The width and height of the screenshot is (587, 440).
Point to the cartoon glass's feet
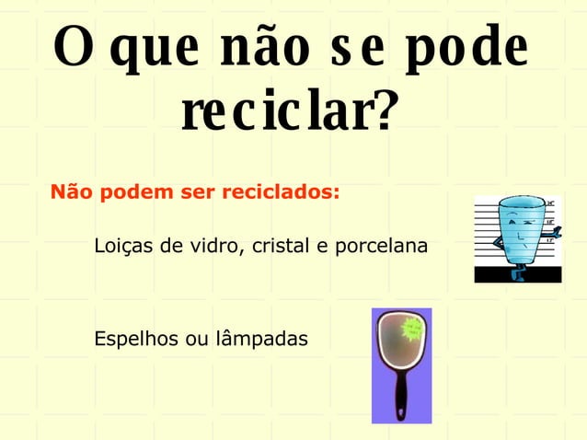[517, 272]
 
